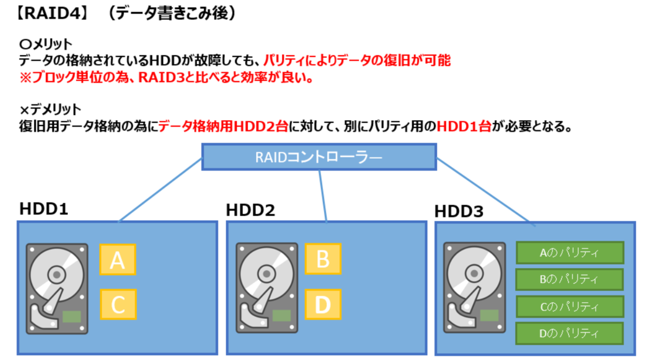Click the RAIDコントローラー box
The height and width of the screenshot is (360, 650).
click(x=319, y=157)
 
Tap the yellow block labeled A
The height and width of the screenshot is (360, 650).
click(x=118, y=260)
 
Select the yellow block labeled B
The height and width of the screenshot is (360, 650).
click(x=323, y=259)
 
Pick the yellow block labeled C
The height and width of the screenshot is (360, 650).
click(x=118, y=304)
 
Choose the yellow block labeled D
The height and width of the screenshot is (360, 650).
click(x=323, y=304)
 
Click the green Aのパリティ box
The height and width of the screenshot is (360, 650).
click(x=569, y=252)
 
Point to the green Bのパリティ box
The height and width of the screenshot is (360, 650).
click(x=569, y=279)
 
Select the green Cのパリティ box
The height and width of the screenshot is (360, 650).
click(x=569, y=306)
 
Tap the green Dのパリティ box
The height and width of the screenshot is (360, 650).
click(x=569, y=333)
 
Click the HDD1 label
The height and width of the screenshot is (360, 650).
click(x=44, y=208)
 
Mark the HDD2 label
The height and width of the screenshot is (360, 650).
click(x=250, y=210)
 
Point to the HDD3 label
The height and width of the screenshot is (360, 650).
click(x=459, y=212)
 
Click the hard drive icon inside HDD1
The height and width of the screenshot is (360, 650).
click(x=57, y=288)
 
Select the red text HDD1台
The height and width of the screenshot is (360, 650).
click(x=464, y=127)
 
